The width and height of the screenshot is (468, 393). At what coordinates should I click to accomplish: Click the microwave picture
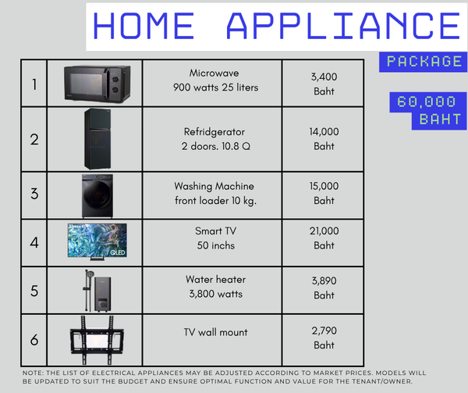(97, 84)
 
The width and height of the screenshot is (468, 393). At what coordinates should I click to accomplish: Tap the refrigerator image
(97, 139)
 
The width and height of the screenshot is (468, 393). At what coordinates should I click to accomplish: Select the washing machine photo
(97, 196)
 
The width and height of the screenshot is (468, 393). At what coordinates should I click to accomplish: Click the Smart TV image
(97, 241)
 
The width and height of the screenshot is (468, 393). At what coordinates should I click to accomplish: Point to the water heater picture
(97, 291)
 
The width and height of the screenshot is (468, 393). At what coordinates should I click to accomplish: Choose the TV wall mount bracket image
(97, 340)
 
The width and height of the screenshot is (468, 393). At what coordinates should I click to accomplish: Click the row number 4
(34, 242)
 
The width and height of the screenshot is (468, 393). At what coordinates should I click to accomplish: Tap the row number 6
(34, 340)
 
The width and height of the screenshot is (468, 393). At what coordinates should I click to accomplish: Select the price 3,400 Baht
(324, 84)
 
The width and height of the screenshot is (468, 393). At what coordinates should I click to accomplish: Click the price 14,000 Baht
(324, 139)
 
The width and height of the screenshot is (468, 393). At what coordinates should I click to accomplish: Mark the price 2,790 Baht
(324, 338)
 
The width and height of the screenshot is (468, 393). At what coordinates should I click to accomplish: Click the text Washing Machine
(214, 186)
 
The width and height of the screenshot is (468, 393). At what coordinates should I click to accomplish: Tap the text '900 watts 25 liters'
(215, 88)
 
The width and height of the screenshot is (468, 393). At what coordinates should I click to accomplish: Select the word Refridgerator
(214, 132)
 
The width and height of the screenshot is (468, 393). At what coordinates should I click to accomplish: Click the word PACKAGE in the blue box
(424, 62)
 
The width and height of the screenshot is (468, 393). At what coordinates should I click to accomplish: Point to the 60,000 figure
(427, 102)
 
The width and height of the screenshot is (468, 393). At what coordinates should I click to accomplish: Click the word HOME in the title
(144, 26)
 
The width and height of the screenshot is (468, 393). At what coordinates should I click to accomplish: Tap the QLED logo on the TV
(118, 252)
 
